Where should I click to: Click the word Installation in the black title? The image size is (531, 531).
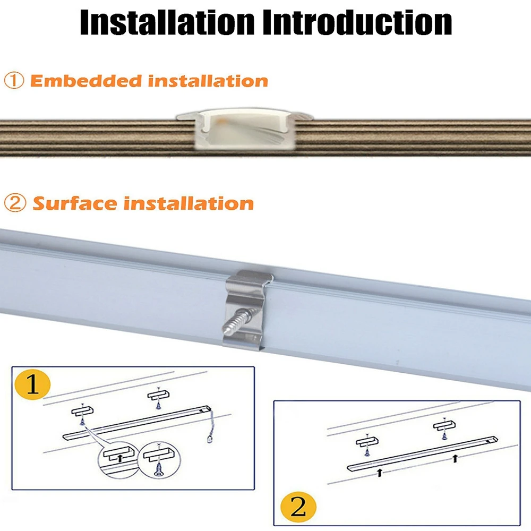167,22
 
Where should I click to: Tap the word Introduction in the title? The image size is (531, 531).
357,22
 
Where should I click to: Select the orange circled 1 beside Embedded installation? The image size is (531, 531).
14,81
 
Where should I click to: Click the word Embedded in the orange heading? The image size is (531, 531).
86,81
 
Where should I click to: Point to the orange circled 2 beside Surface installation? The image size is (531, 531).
15,203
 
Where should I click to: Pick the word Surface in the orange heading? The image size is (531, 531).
74,203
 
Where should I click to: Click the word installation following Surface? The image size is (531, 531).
189,203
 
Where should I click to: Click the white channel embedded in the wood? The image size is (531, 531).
244,129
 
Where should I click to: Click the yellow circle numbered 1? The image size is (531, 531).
32,385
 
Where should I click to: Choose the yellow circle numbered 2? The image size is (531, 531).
298,507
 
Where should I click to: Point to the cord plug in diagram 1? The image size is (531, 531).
210,439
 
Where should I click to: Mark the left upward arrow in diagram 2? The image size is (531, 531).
379,472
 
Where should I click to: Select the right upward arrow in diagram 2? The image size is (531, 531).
455,459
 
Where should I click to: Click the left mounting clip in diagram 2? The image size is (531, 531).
367,441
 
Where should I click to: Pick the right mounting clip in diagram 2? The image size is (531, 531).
444,425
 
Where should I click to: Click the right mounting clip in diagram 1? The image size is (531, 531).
158,395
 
